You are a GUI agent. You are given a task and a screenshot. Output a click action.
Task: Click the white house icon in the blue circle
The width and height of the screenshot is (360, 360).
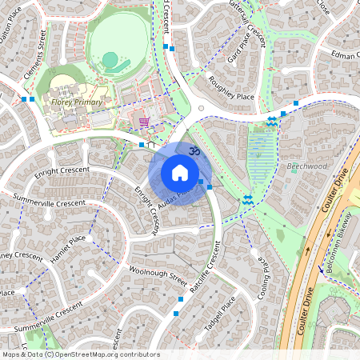tap(180, 173)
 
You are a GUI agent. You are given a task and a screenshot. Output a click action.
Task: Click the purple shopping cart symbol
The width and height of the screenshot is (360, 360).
tap(144, 122)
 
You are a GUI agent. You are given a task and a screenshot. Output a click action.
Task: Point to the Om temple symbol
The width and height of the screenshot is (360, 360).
tap(192, 150)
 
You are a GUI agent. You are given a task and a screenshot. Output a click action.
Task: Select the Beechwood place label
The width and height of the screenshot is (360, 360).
tap(307, 166)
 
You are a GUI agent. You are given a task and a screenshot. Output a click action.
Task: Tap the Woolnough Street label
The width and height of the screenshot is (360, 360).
tap(156, 275)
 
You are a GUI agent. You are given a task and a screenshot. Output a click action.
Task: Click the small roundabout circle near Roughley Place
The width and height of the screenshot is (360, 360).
tap(201, 109)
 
